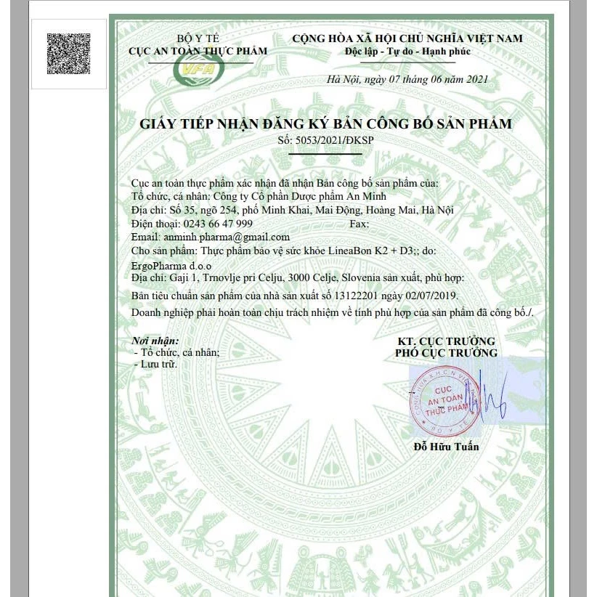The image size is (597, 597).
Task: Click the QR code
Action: [x=69, y=54]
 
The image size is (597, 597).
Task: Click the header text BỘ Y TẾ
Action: [x=198, y=38]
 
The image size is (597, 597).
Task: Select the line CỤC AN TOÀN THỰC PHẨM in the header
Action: [x=198, y=52]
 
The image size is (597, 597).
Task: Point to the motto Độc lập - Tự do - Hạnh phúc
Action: [x=408, y=52]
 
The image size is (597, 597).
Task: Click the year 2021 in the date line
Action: [x=476, y=79]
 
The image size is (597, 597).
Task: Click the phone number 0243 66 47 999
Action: [x=218, y=224]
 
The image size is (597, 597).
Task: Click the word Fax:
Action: [x=360, y=224]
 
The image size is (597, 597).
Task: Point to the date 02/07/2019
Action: [x=431, y=297]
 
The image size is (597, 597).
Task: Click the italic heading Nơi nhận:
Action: [x=155, y=340]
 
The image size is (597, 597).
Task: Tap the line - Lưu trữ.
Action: [x=157, y=364]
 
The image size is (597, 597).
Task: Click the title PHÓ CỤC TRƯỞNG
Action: [x=447, y=353]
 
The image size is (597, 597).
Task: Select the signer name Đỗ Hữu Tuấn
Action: [x=446, y=447]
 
